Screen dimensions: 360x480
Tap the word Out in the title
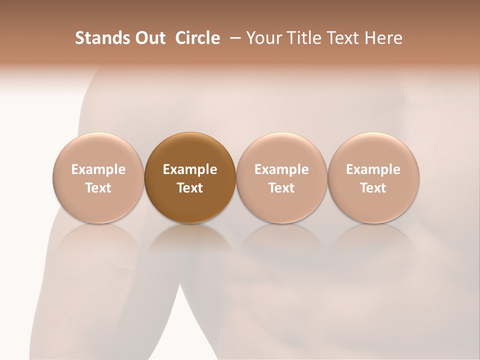(x=149, y=38)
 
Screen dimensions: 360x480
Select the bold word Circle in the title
(x=197, y=38)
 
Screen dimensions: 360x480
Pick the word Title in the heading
(x=304, y=38)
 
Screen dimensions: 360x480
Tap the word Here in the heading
(x=383, y=38)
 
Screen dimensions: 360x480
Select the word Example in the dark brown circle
(x=190, y=169)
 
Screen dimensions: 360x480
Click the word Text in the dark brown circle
(x=190, y=188)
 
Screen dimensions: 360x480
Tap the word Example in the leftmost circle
(x=98, y=169)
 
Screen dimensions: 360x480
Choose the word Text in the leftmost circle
(x=98, y=188)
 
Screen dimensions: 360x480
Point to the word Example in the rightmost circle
(x=373, y=169)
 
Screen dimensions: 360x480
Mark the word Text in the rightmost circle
(x=373, y=188)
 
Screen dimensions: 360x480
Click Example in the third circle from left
(x=281, y=169)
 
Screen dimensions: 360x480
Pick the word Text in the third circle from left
(x=281, y=188)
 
